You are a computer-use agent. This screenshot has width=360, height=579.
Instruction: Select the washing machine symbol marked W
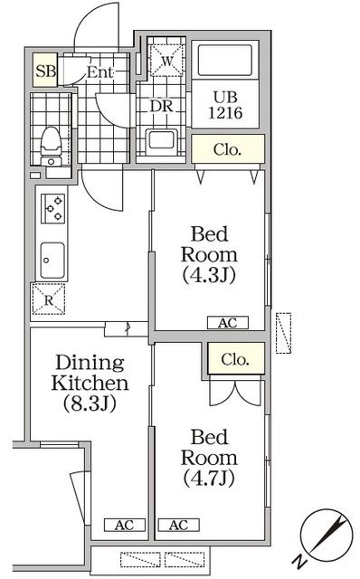pos(166,61)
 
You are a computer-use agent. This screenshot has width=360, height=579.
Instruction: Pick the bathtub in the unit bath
pos(227,62)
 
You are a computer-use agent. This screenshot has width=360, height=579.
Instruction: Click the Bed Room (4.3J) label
pos(208,255)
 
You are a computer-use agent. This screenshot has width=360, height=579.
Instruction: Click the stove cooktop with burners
pos(51,208)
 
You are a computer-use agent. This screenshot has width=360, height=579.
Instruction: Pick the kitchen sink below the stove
pos(51,260)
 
